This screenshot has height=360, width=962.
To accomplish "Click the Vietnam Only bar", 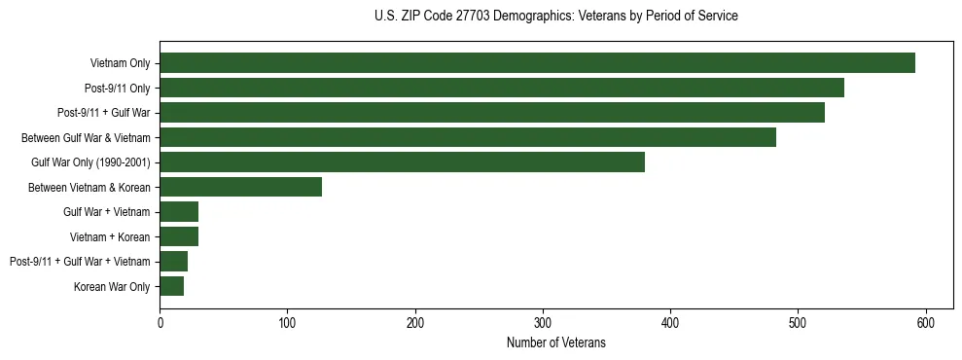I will coord(537,63).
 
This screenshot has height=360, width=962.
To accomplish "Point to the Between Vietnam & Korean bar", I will coord(240,188).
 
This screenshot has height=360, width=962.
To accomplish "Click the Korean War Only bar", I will coord(172,286).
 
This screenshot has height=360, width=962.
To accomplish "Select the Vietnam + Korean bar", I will coord(179,236).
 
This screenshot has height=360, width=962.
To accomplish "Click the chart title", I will coord(555,17).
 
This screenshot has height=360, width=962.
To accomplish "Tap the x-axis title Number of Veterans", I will coord(555,342).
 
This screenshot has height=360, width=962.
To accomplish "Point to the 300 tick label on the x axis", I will coord(543,323).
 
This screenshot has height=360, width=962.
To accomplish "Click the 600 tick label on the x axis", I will coord(926,323).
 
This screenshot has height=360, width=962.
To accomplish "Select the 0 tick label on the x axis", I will coord(160,323).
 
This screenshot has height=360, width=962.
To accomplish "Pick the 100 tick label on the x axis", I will coord(287,323).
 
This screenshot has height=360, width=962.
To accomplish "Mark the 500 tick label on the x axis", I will coord(798,323).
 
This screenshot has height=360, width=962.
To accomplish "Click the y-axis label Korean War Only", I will coord(112,286).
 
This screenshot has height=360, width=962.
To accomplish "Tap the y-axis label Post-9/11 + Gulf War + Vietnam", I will coord(80,262).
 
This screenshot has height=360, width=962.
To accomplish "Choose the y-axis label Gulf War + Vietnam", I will coord(107,212).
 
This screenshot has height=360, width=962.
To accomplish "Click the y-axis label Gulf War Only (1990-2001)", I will coord(90,162).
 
